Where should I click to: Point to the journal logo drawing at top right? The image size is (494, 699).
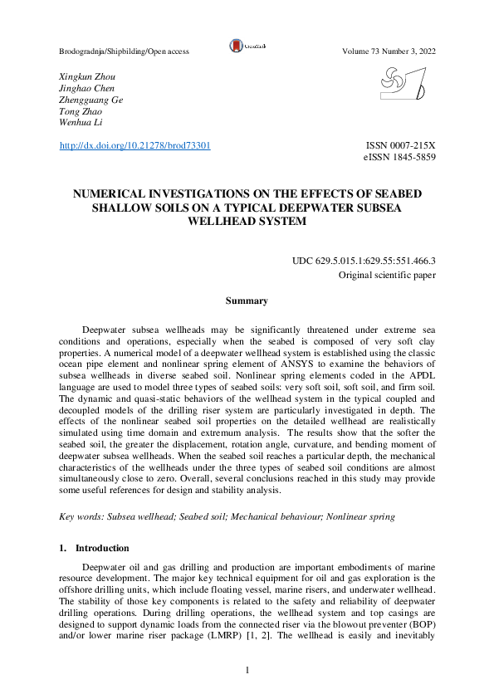point(403,84)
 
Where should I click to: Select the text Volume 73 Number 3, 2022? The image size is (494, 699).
point(389,51)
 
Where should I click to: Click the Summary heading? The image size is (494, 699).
point(247,301)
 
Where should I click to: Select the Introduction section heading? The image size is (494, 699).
point(102,548)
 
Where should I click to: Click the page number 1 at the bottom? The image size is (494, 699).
point(247,668)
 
